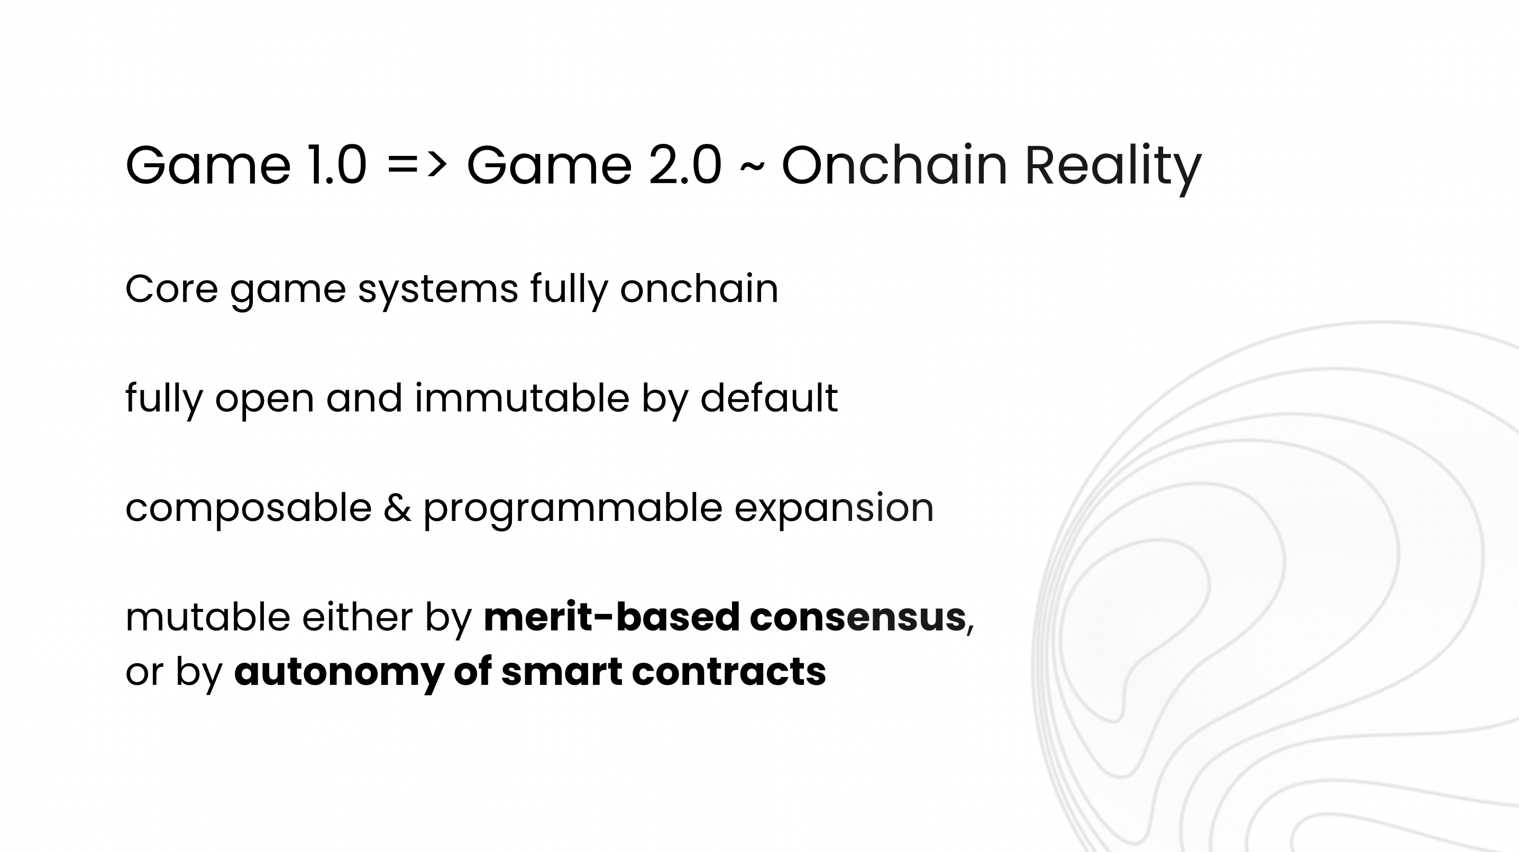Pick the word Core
171,289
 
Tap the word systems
438,292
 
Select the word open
264,401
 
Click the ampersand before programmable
397,508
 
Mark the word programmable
573,510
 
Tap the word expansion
834,510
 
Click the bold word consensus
857,618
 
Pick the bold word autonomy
338,673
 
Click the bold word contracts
729,673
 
